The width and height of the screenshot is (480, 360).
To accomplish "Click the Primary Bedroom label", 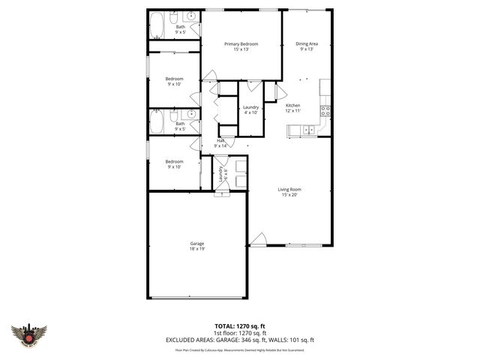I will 241,44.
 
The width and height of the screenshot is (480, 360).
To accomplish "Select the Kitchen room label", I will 292,105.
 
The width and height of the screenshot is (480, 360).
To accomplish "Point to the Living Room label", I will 290,189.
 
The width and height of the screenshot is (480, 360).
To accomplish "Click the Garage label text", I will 196,243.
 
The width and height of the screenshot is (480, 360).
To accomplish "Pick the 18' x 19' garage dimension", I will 196,249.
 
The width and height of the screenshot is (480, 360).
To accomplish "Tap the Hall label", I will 220,140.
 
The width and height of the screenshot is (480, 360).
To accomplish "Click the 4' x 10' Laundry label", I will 250,107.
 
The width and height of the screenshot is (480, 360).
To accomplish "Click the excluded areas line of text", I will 239,340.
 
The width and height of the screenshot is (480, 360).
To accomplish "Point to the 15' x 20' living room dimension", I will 290,195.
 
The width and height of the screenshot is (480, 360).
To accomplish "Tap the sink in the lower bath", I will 190,115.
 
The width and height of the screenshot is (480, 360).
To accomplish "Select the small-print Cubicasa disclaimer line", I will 239,349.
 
